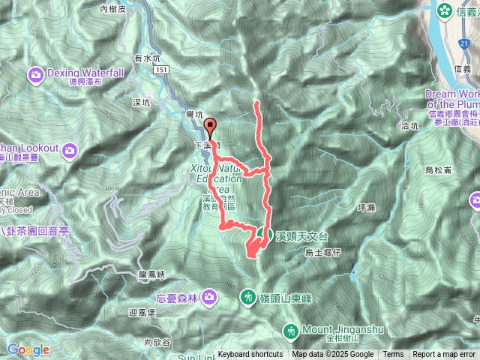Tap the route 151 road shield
pyautogui.click(x=162, y=70)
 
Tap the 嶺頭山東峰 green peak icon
pyautogui.click(x=249, y=298)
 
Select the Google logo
pyautogui.click(x=28, y=349)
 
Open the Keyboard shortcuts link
pyautogui.click(x=250, y=355)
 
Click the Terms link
pyautogui.click(x=393, y=355)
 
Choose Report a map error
pyautogui.click(x=445, y=355)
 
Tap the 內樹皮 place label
pyautogui.click(x=114, y=9)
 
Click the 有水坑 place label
pyautogui.click(x=147, y=57)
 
